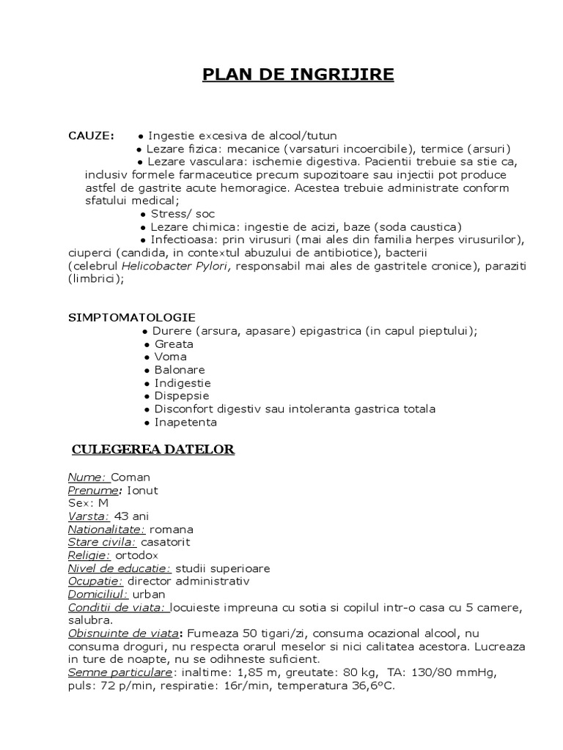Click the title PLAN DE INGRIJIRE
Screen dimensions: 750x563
point(298,75)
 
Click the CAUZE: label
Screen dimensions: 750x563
point(91,135)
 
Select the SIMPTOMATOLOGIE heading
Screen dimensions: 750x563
point(132,317)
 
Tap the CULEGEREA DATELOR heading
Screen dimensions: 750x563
point(152,449)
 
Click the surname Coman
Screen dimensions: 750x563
point(130,477)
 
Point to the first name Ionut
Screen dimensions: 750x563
point(141,490)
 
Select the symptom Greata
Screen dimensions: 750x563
point(174,344)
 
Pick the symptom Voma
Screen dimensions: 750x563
point(171,357)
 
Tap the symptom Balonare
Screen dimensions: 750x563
point(180,370)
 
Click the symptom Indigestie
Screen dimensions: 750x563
point(183,383)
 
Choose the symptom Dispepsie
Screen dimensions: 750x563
point(182,396)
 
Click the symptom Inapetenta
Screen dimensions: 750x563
point(185,423)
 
